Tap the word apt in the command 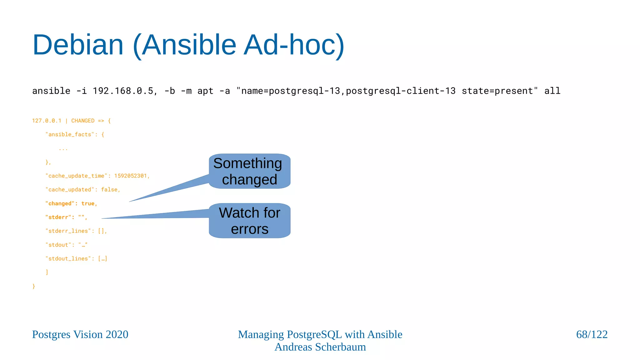pos(205,91)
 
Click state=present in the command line pos(499,91)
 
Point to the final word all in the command pos(552,91)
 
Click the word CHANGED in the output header pos(83,121)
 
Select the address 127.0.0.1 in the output pos(47,121)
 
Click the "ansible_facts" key pos(70,135)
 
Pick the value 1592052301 pos(130,176)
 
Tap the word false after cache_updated pos(109,190)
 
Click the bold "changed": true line pos(71,204)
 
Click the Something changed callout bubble pos(249,171)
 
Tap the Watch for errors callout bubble pos(249,221)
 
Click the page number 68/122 pos(592,335)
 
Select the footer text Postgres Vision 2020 pos(80,335)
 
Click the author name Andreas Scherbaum pos(320,347)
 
